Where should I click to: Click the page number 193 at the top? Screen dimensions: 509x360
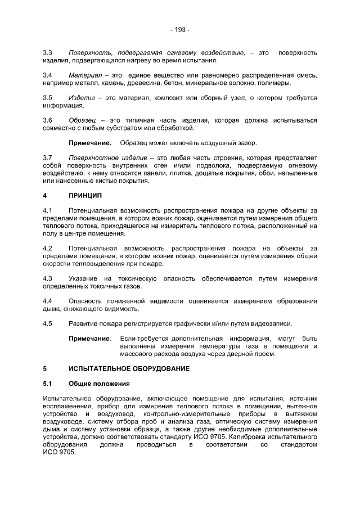(x=180, y=29)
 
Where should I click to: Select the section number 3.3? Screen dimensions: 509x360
(x=47, y=53)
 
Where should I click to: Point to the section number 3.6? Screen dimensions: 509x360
(x=47, y=120)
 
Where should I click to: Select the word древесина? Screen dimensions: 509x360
(x=154, y=83)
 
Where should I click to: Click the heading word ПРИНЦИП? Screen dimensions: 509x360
(x=85, y=195)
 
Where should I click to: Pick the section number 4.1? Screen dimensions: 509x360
(x=47, y=210)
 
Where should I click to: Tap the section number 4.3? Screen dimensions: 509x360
(x=47, y=278)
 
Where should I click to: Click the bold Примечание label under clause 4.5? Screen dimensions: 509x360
(x=90, y=339)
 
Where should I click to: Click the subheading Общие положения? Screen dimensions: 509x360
(x=99, y=384)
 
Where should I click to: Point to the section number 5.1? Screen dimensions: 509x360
(x=47, y=384)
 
